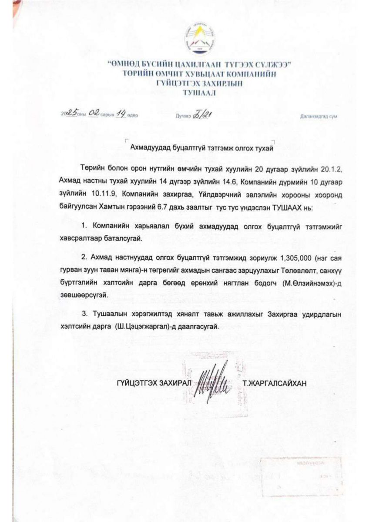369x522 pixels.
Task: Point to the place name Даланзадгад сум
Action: [x=319, y=117]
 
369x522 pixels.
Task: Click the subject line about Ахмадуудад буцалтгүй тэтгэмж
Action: [x=201, y=148]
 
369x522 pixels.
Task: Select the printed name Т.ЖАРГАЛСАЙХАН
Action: [x=275, y=383]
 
